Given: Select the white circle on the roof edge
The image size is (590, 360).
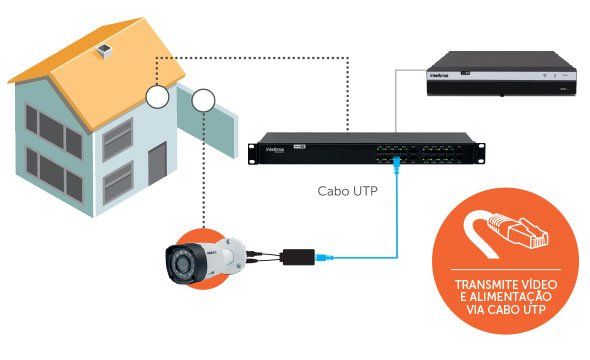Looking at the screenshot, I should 158,97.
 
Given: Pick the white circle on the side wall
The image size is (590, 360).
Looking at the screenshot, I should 203,100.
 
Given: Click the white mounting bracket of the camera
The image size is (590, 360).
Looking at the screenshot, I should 235,250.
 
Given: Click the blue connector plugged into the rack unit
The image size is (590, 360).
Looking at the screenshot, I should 398,158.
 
